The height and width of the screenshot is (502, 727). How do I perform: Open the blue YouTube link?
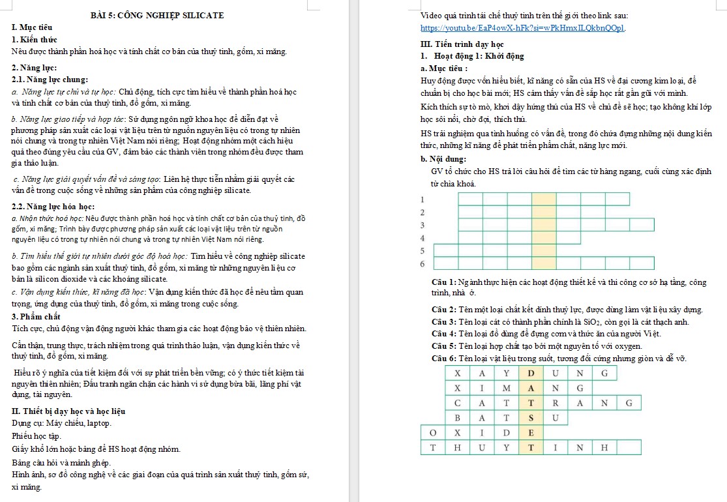(x=523, y=28)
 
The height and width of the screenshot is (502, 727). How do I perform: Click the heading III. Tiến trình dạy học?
(x=462, y=44)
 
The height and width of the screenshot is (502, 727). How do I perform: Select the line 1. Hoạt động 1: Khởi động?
(x=472, y=56)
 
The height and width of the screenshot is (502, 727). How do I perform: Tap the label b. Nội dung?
(x=443, y=158)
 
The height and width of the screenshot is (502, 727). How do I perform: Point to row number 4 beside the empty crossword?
(x=423, y=238)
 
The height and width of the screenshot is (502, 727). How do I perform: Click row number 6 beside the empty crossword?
(x=423, y=264)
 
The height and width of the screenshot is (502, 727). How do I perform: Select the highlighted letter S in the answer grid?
(x=531, y=417)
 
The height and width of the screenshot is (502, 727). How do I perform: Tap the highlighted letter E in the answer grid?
(x=531, y=433)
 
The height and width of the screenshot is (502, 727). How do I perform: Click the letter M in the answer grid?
(x=506, y=388)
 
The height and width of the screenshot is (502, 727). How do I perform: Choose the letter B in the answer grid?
(x=458, y=417)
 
